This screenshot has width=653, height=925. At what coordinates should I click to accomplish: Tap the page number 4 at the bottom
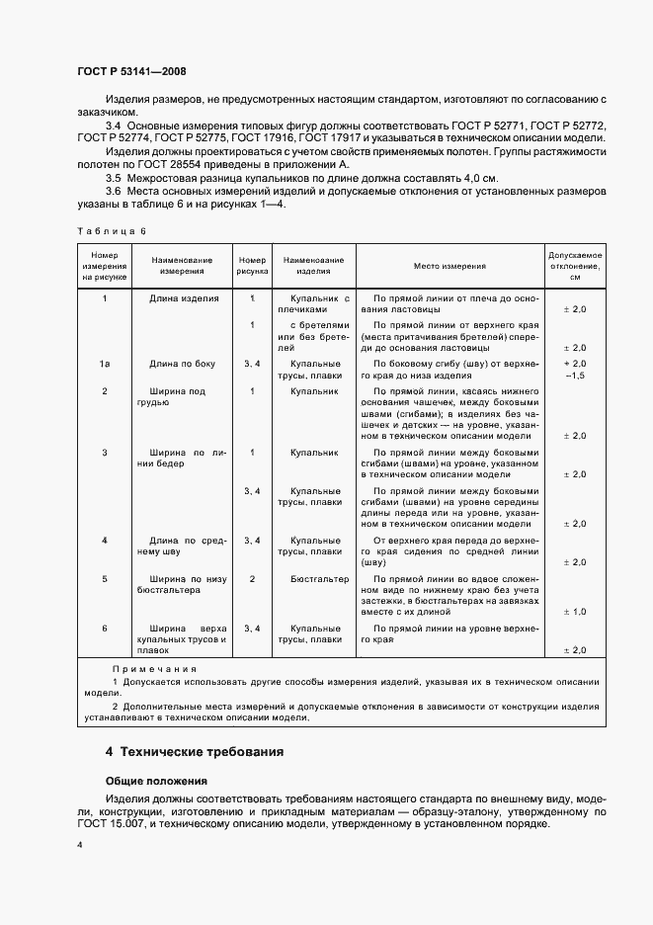click(80, 846)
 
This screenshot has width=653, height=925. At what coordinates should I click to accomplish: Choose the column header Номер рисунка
click(252, 267)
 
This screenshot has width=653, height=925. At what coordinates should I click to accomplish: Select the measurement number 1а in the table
click(104, 365)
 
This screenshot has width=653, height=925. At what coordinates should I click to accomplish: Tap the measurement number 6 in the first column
click(104, 628)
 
